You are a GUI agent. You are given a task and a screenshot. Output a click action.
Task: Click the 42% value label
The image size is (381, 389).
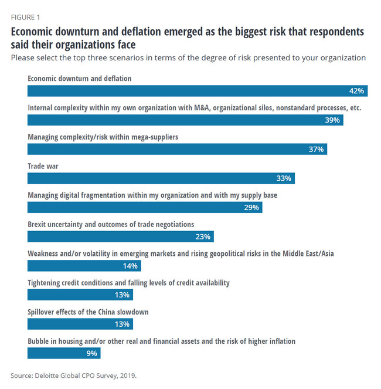pyautogui.click(x=357, y=91)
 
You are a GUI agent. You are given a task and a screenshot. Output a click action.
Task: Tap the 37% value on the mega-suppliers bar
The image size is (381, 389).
pyautogui.click(x=316, y=150)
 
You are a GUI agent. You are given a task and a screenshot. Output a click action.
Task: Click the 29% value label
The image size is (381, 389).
pyautogui.click(x=252, y=208)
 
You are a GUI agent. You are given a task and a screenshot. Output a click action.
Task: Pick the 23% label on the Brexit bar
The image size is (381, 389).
pyautogui.click(x=203, y=236)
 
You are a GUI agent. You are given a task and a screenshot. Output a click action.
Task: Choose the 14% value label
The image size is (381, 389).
pyautogui.click(x=130, y=266)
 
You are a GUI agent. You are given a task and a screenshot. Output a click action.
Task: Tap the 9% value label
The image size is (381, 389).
pyautogui.click(x=93, y=353)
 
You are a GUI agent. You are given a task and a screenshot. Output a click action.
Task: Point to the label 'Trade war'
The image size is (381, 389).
pyautogui.click(x=43, y=166)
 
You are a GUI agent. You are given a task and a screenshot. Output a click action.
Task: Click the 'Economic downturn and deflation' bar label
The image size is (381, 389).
pyautogui.click(x=80, y=79)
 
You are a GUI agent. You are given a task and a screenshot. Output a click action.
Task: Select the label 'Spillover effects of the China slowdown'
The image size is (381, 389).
pyautogui.click(x=88, y=312)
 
